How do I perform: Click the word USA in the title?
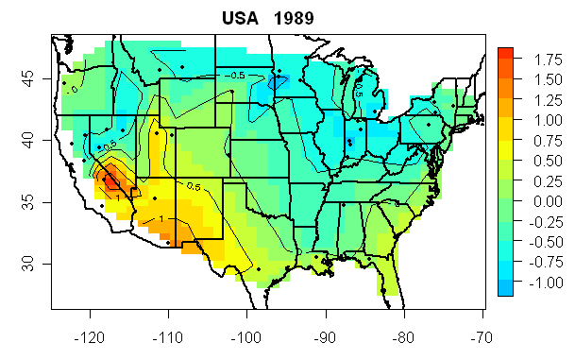coord(241,17)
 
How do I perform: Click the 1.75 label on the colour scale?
coord(535,59)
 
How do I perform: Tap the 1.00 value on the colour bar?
coord(535,120)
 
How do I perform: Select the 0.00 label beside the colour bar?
coord(535,201)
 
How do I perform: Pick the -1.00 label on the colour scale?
coord(533,283)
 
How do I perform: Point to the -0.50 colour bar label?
coord(533,242)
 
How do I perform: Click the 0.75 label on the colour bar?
coord(535,140)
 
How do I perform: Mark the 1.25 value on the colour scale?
coord(535,99)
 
